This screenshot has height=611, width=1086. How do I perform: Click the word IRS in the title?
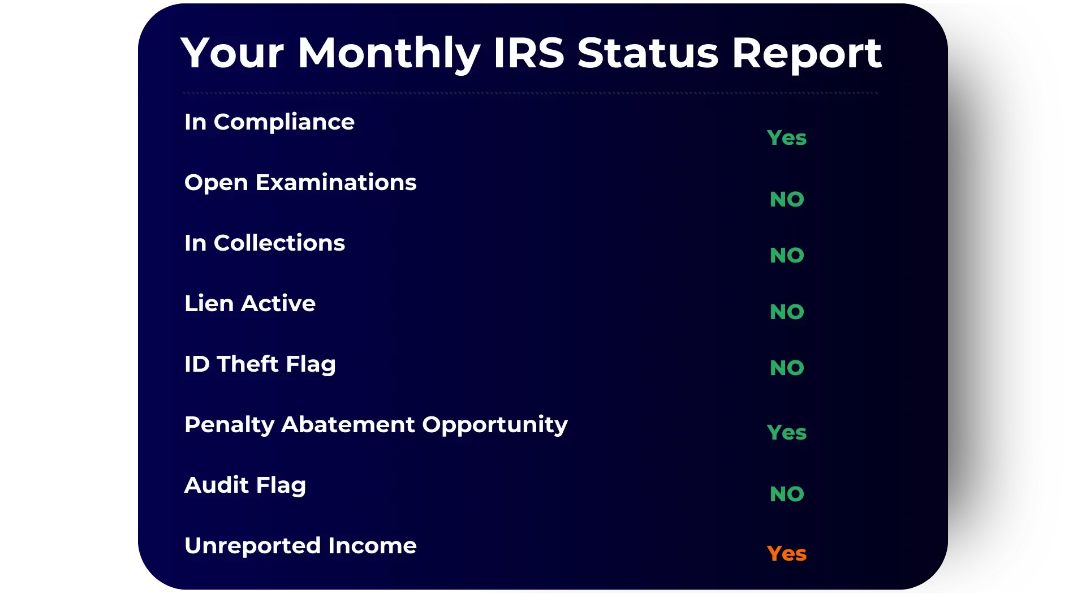tap(529, 53)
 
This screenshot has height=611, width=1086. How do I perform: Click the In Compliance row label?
tap(269, 122)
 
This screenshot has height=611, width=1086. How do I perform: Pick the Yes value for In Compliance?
tap(787, 137)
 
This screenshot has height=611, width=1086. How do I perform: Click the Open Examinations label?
tap(300, 183)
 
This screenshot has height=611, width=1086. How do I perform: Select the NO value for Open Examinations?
tap(787, 199)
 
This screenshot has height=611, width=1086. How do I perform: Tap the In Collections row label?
tap(265, 243)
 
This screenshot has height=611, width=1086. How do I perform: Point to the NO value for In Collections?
tap(787, 255)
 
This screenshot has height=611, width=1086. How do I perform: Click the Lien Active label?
tap(250, 303)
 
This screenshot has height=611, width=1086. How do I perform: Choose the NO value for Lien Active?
tap(787, 312)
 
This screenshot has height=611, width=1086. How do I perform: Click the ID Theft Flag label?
tap(260, 364)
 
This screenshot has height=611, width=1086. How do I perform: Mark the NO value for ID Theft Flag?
tap(787, 368)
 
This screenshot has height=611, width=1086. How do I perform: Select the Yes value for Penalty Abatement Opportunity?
tap(787, 432)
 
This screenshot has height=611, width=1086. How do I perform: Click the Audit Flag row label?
tap(245, 485)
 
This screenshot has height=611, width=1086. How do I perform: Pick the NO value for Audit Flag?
tap(787, 494)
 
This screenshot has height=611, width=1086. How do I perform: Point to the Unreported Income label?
tap(300, 546)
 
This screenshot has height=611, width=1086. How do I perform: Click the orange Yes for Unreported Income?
tap(787, 553)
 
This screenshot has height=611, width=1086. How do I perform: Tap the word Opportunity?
tap(495, 425)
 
